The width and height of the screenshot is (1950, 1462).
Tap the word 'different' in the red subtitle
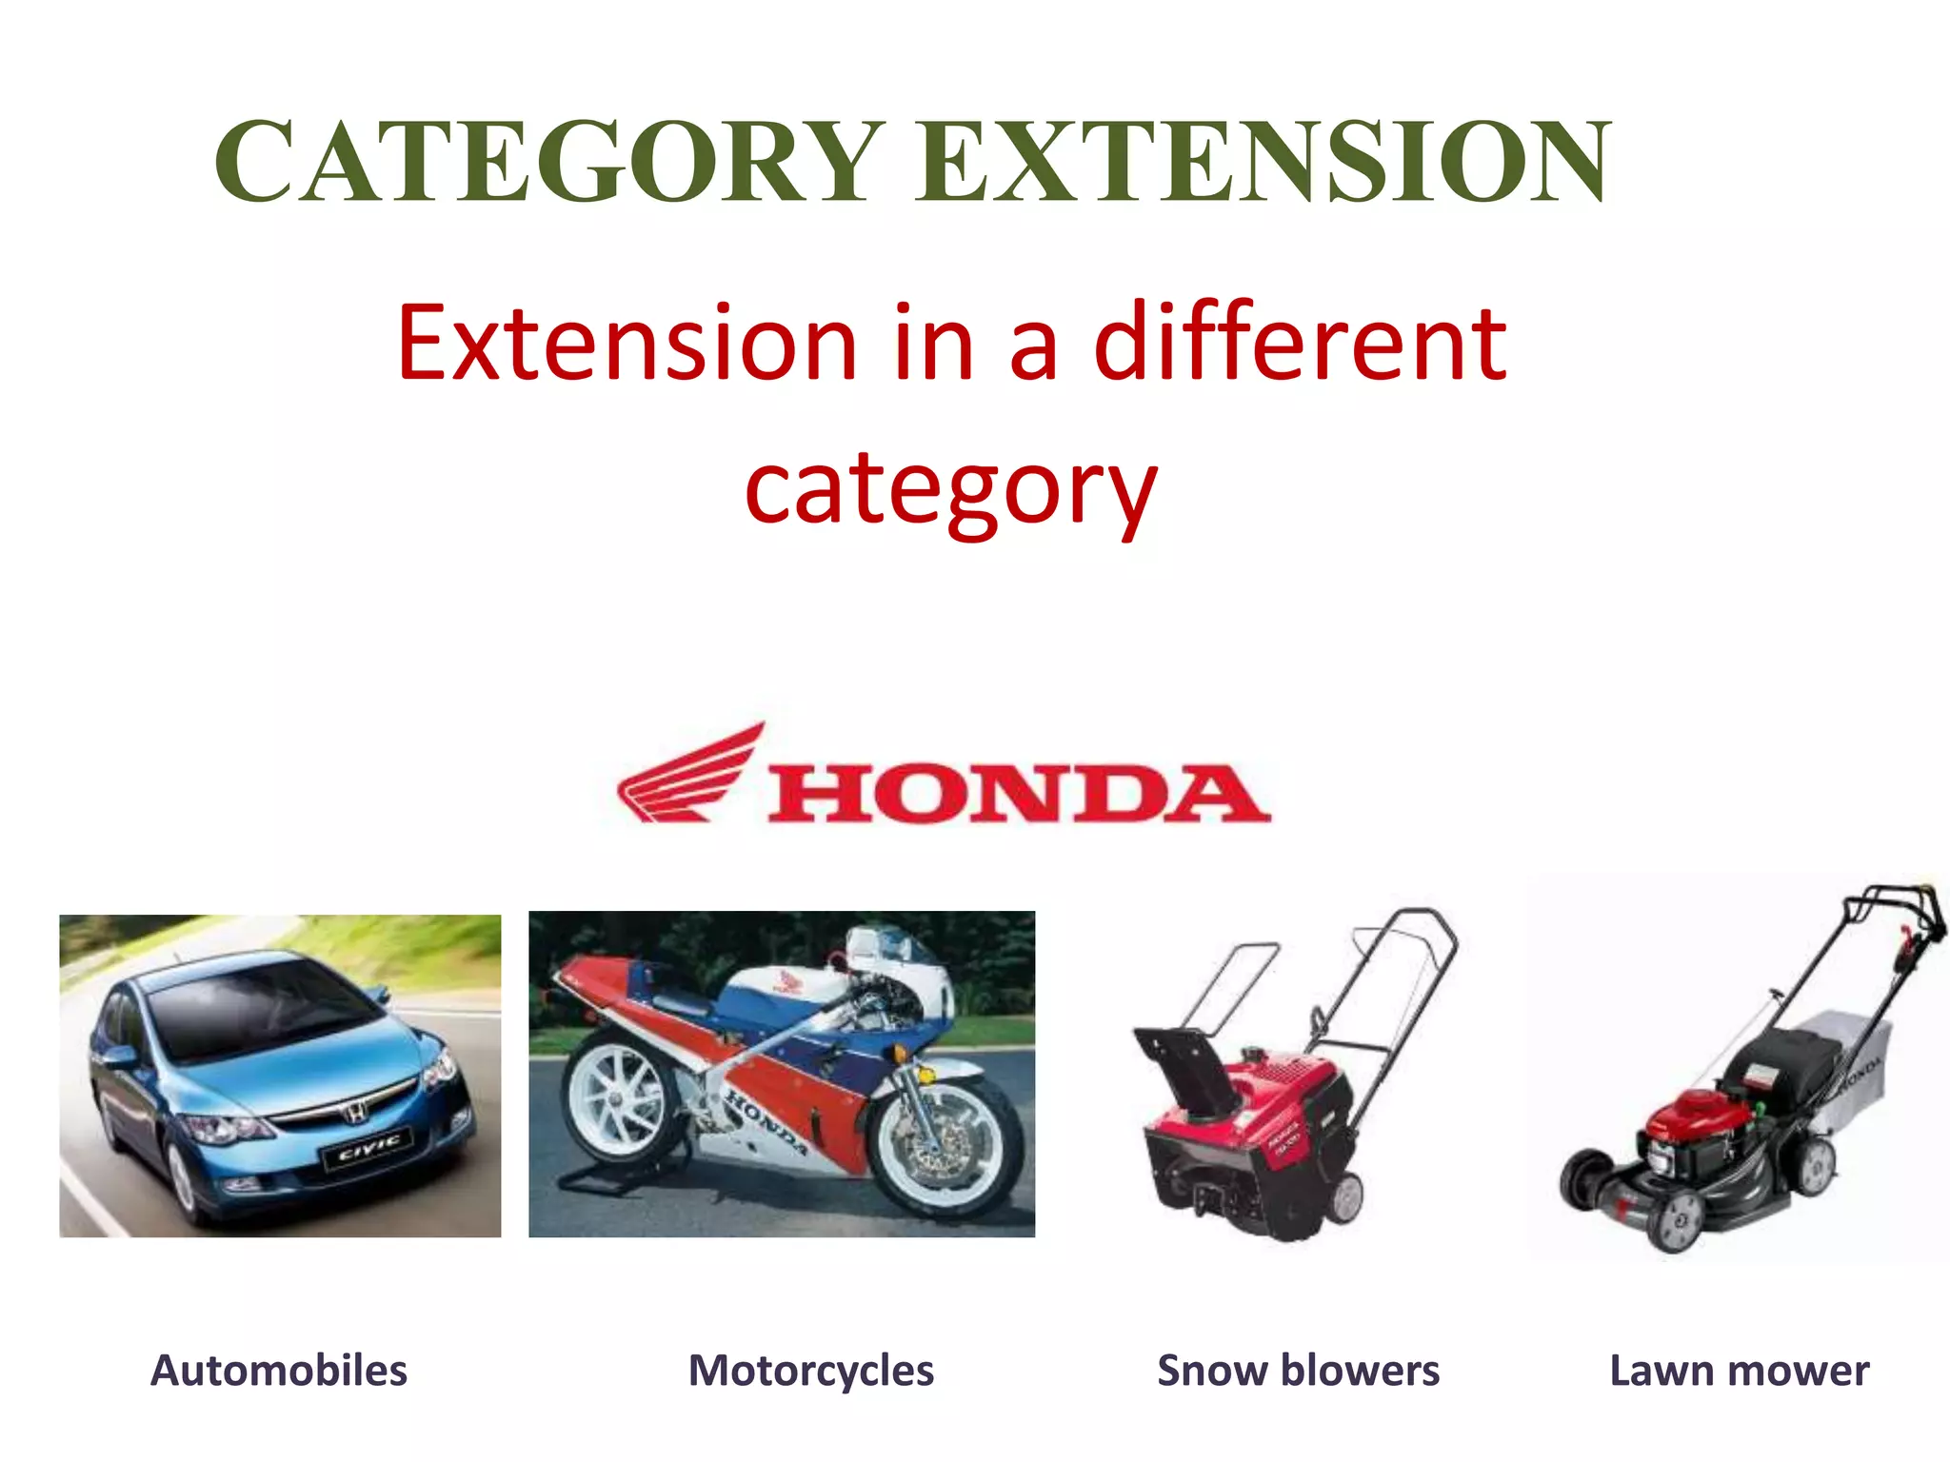click(1301, 343)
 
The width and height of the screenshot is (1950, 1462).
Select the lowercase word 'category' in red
click(950, 490)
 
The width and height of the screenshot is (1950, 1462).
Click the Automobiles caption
click(279, 1371)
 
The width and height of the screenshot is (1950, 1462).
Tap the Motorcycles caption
click(811, 1371)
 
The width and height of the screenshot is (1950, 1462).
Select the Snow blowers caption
click(1298, 1371)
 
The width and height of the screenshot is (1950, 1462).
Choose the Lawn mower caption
click(1739, 1371)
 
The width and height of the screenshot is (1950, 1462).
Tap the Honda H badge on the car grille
click(353, 1110)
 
